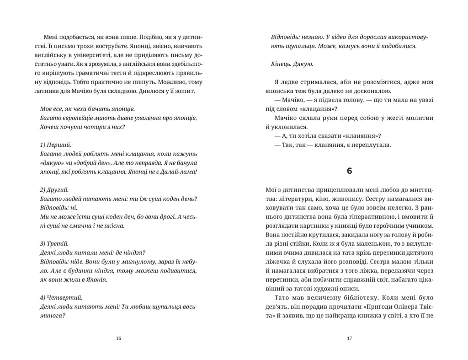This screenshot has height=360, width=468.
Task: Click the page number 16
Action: tap(119, 339)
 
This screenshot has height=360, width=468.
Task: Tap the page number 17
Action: tap(349, 339)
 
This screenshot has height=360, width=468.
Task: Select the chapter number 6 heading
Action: tap(349, 171)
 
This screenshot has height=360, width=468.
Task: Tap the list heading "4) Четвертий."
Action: tap(57, 297)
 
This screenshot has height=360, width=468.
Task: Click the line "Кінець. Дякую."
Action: tap(292, 64)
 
